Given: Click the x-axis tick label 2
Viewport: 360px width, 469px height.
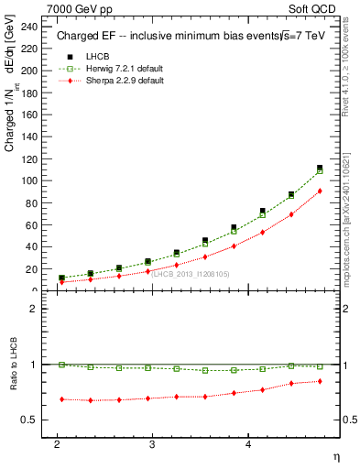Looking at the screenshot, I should point(57,443).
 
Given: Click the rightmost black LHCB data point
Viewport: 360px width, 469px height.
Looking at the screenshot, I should point(320,168).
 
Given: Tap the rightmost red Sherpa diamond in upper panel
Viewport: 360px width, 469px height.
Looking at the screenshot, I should point(320,191).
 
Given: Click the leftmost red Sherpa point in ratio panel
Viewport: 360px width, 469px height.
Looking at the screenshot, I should point(61,399).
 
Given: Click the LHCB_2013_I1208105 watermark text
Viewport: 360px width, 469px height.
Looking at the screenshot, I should point(191,274).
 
